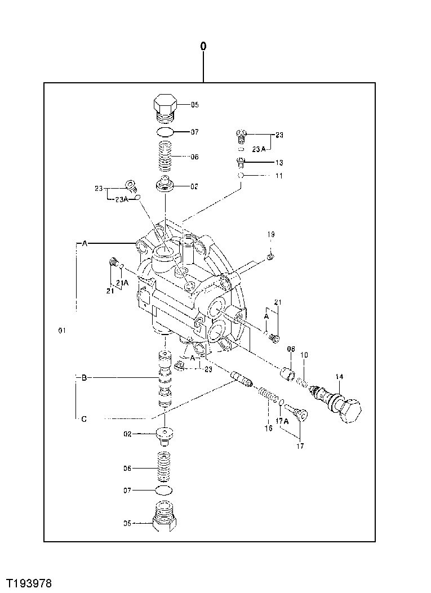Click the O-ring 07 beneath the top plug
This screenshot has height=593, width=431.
pyautogui.click(x=165, y=132)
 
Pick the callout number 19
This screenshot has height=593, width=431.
pyautogui.click(x=271, y=234)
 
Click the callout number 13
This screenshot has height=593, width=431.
pyautogui.click(x=279, y=162)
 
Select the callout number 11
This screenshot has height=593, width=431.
pyautogui.click(x=279, y=176)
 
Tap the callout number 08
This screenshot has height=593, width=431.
pyautogui.click(x=291, y=349)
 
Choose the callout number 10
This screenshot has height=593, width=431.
pyautogui.click(x=304, y=355)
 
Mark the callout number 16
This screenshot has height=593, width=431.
pyautogui.click(x=268, y=428)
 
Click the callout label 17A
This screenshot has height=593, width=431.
pyautogui.click(x=283, y=420)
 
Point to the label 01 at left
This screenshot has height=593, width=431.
pyautogui.click(x=62, y=330)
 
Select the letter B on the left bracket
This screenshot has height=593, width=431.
pyautogui.click(x=84, y=378)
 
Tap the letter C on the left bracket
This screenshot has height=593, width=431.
pyautogui.click(x=84, y=418)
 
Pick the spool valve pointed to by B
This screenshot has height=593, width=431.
pyautogui.click(x=164, y=380)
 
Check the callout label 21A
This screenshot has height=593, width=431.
pyautogui.click(x=122, y=282)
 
